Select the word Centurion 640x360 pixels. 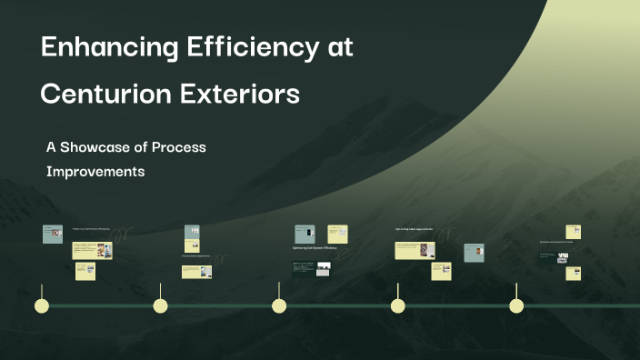[103, 94]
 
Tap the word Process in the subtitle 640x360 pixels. [179, 146]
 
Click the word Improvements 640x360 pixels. [95, 171]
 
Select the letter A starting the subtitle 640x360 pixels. [51, 146]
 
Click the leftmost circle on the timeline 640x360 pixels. [41, 305]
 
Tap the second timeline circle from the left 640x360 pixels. [161, 305]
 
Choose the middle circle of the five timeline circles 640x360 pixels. [280, 305]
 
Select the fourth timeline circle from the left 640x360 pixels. [398, 305]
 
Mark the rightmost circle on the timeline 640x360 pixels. [516, 305]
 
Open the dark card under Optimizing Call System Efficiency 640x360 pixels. [304, 268]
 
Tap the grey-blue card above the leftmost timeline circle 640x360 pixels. [53, 235]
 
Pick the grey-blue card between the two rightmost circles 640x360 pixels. [474, 253]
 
